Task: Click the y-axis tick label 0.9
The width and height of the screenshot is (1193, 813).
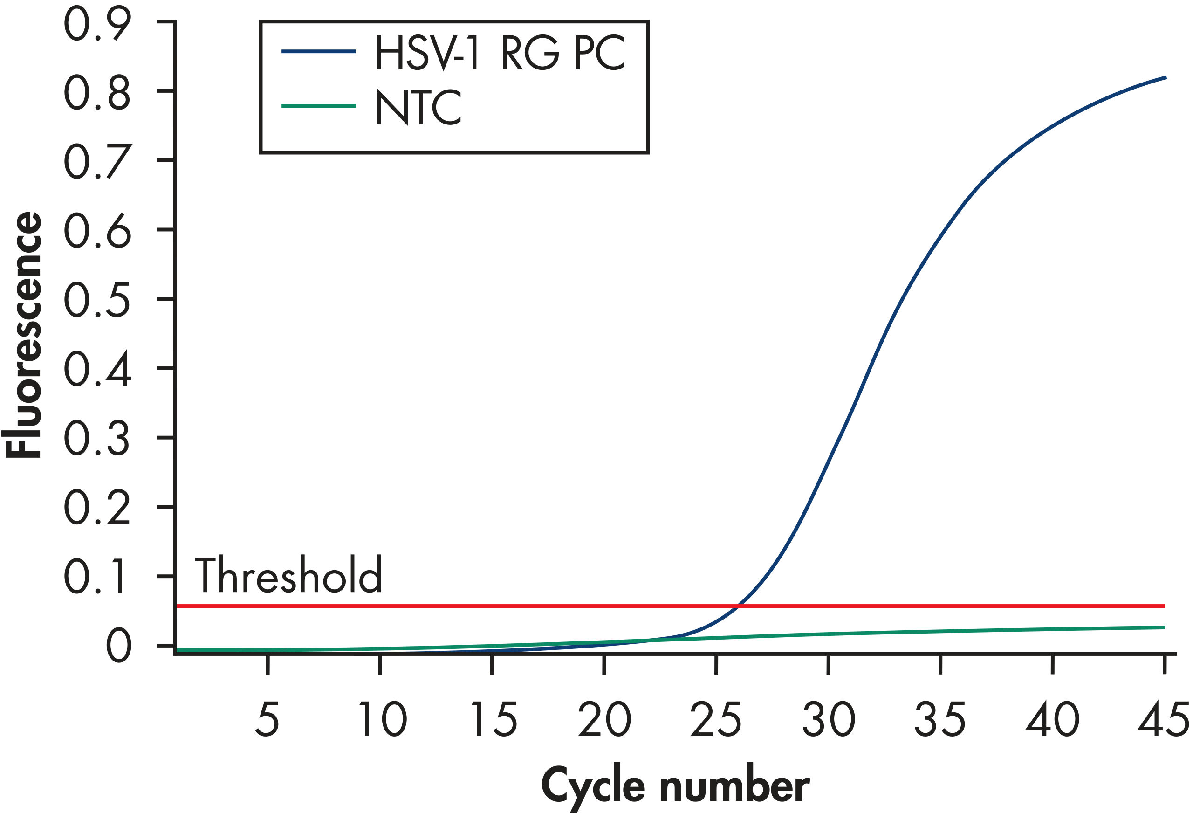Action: click(x=97, y=24)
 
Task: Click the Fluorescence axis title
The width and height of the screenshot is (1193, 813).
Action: click(x=23, y=334)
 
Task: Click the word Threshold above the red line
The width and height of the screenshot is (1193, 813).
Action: click(x=288, y=575)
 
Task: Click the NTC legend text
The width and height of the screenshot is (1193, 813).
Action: click(x=418, y=107)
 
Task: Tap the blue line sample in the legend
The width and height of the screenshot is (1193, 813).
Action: click(x=318, y=51)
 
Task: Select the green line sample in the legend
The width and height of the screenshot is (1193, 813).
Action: click(x=318, y=106)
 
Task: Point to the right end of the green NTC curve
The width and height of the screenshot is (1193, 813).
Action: click(x=1164, y=627)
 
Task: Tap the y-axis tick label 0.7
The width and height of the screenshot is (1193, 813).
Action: click(x=97, y=161)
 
